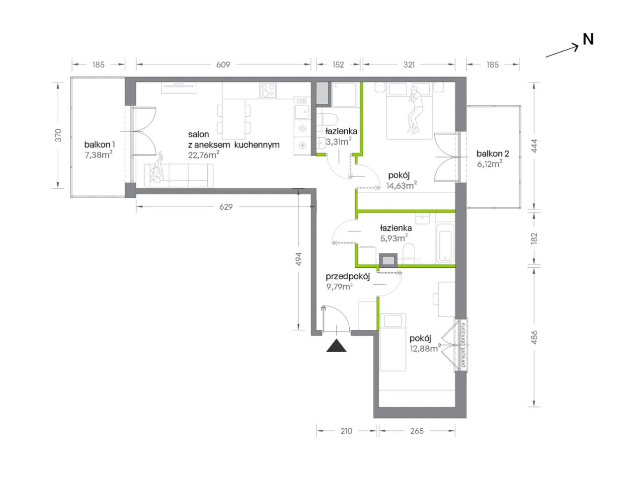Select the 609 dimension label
click(x=223, y=65)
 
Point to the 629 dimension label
click(x=226, y=207)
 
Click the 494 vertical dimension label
click(x=299, y=259)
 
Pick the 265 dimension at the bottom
click(x=417, y=431)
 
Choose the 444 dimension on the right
click(x=534, y=146)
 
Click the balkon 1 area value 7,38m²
click(x=98, y=155)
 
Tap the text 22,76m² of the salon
click(x=204, y=155)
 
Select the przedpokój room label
click(x=347, y=277)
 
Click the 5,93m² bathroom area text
click(x=394, y=238)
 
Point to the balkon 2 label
click(x=492, y=154)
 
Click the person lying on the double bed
click(x=414, y=109)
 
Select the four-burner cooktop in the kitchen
click(x=268, y=90)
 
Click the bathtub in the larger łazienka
click(x=445, y=242)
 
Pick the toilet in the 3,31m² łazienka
click(x=327, y=121)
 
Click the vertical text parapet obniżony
click(x=463, y=345)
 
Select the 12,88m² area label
click(x=425, y=348)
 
